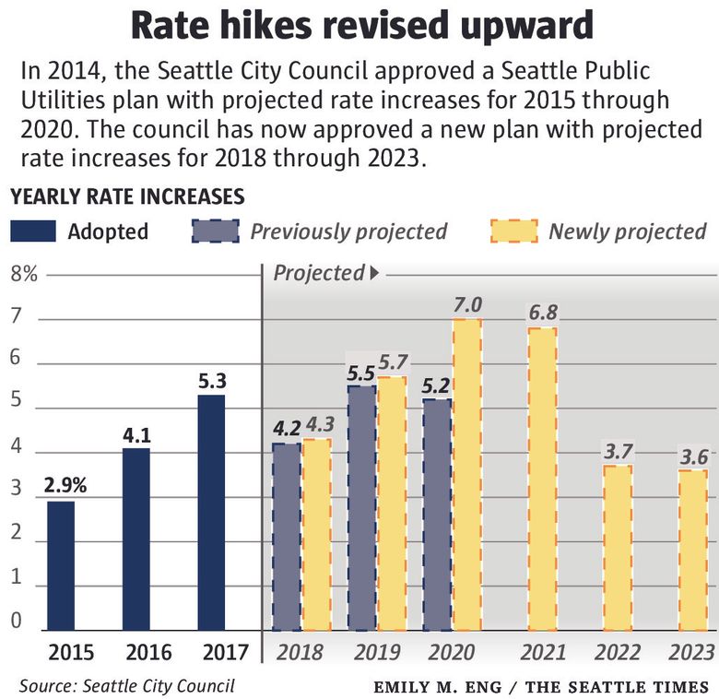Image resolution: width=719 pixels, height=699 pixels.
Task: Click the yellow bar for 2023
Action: (x=692, y=550)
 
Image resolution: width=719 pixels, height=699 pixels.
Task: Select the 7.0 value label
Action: (x=467, y=303)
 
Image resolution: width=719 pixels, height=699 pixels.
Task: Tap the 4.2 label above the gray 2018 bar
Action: (x=287, y=428)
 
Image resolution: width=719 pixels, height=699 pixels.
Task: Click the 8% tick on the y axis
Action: (x=24, y=274)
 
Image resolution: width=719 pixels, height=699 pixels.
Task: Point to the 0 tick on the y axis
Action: (x=17, y=621)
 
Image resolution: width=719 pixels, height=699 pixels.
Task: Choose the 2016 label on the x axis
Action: (x=148, y=653)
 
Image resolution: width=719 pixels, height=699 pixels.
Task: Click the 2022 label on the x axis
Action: (x=617, y=653)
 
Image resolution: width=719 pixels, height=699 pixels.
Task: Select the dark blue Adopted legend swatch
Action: (x=33, y=231)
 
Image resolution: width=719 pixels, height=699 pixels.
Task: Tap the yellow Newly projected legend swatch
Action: (x=513, y=231)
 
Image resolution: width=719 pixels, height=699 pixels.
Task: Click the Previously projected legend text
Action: (x=348, y=231)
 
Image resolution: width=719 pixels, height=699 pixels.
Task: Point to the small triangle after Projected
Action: (x=374, y=273)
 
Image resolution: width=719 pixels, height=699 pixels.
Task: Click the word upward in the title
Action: (x=520, y=27)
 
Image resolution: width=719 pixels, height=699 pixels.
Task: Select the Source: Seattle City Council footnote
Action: (x=126, y=685)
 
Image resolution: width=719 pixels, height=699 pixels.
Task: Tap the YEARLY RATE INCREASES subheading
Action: (x=126, y=196)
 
